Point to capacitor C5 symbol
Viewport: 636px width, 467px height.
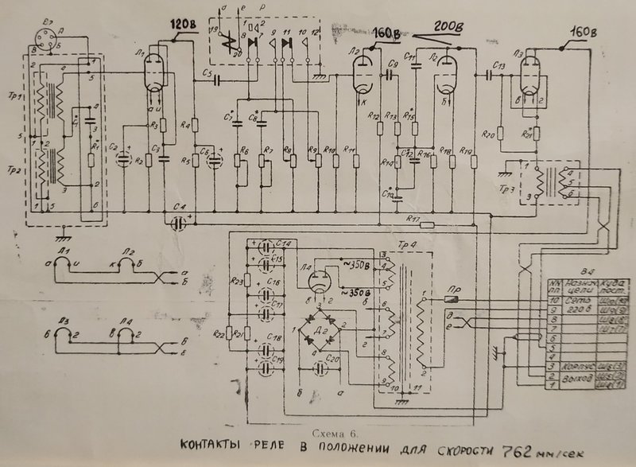point(214,82)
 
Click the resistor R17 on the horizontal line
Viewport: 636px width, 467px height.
point(427,225)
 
